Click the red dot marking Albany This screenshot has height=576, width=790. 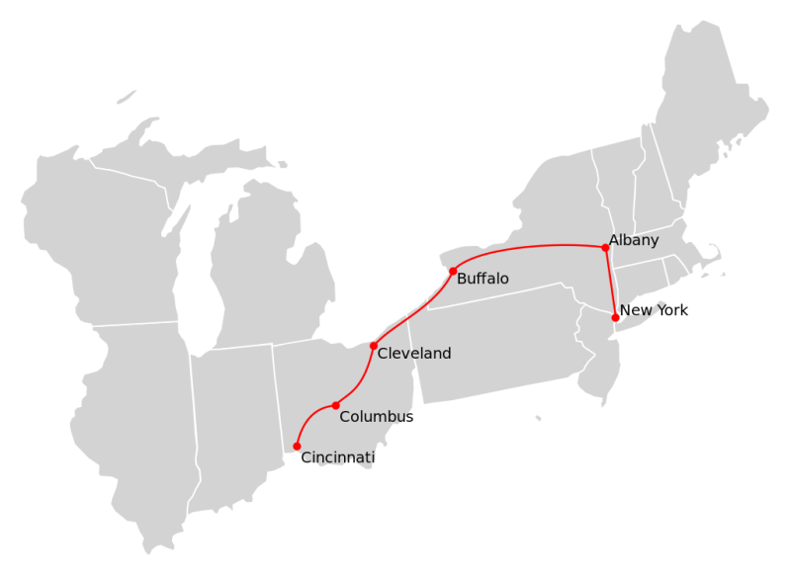[x=605, y=248]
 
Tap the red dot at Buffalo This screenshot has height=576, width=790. [x=453, y=271]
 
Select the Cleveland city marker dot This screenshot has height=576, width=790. [x=374, y=346]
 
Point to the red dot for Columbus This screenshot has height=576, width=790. [x=336, y=405]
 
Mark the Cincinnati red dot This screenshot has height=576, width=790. [x=297, y=447]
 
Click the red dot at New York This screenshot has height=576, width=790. [x=615, y=317]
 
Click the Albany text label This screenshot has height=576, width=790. [x=634, y=240]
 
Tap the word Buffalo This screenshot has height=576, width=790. [x=483, y=280]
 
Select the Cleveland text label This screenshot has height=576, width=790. [x=414, y=354]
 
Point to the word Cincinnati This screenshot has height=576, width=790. [x=338, y=457]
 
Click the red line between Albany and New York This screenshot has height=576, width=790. [x=610, y=283]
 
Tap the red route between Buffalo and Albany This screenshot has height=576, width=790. [x=534, y=245]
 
